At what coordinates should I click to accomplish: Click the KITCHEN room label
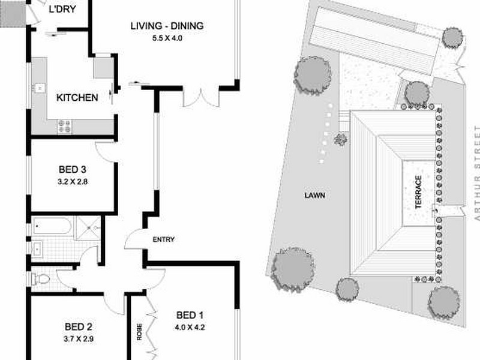77,98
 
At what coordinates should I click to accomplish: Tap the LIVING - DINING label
167,26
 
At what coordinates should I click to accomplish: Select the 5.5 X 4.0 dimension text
167,38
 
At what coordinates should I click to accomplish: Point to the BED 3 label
72,169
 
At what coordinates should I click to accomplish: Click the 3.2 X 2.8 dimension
73,182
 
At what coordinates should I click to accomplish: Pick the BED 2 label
79,326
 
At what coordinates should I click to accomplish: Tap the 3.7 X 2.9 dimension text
79,339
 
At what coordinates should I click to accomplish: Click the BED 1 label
190,315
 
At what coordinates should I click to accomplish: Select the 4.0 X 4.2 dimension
190,327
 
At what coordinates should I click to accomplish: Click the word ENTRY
164,239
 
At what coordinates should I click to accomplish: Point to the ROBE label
140,332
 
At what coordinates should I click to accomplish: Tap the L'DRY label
62,9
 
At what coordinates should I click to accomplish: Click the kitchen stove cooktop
65,127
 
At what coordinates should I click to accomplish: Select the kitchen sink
40,88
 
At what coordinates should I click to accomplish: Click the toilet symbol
40,279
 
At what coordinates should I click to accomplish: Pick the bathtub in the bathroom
52,226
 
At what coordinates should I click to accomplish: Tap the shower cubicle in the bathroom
88,228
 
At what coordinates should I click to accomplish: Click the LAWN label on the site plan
315,196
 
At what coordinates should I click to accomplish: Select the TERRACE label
418,192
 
